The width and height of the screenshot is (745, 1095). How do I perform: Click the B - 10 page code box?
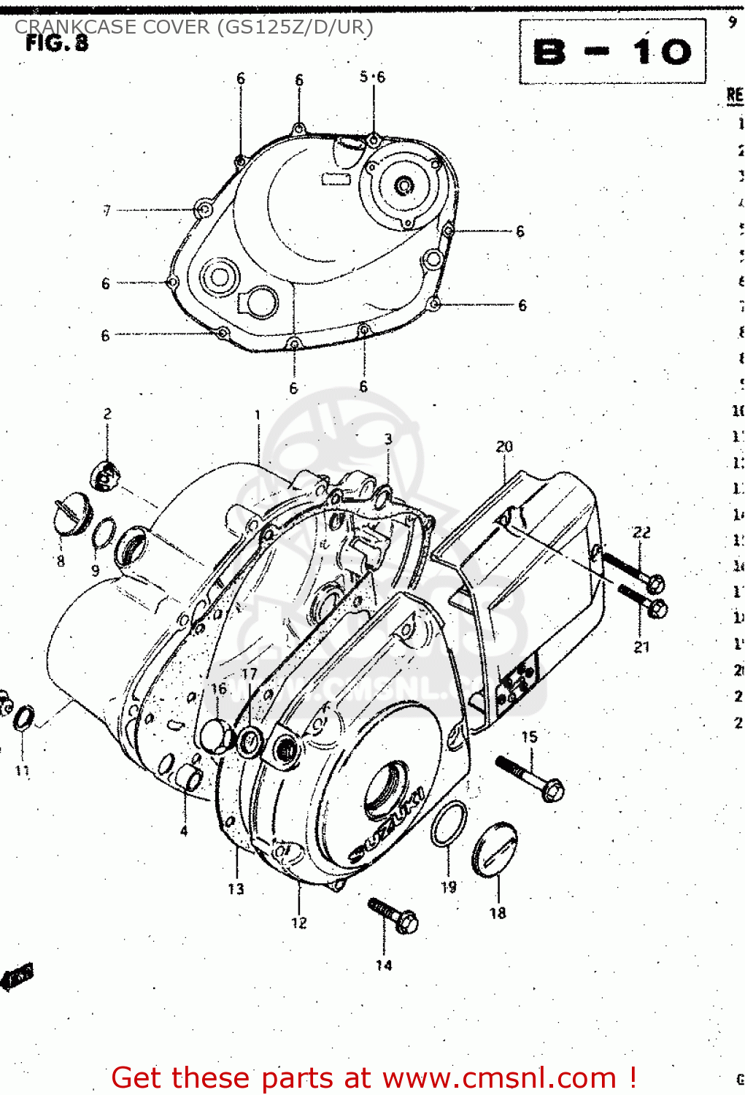click(x=612, y=52)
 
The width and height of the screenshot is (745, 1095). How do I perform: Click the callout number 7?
click(x=107, y=210)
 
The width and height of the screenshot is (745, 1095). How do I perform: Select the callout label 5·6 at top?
click(x=372, y=77)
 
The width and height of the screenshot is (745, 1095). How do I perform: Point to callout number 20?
click(x=504, y=446)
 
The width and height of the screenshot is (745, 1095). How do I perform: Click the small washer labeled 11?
click(x=23, y=718)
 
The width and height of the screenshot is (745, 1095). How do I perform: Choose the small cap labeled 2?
click(x=104, y=475)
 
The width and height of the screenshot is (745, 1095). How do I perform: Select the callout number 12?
click(x=299, y=923)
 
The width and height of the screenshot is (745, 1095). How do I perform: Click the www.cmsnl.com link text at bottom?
click(x=499, y=1077)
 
